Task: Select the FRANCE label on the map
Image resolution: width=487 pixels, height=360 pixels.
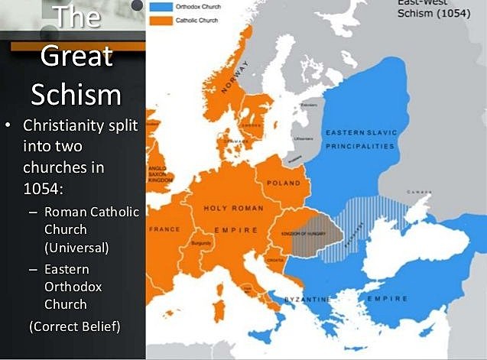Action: click(x=165, y=229)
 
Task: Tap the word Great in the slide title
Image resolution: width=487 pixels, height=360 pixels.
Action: click(x=76, y=57)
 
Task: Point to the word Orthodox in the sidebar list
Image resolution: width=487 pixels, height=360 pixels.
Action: click(x=73, y=287)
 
